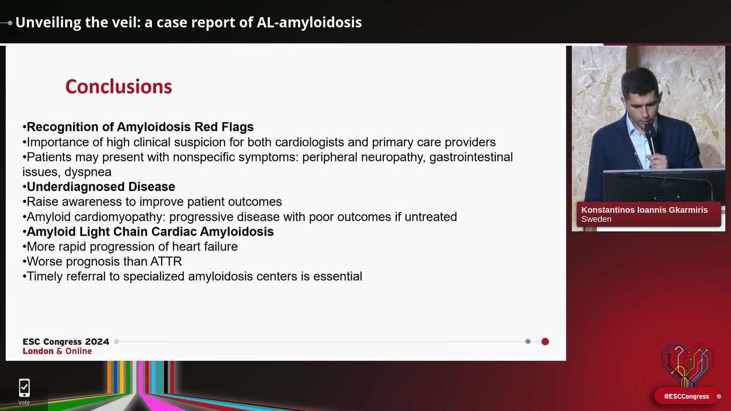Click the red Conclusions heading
tap(119, 87)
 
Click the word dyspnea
tap(88, 172)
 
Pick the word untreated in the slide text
tap(431, 217)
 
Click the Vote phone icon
tap(24, 388)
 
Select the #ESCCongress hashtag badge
tap(686, 396)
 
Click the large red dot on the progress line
tap(545, 341)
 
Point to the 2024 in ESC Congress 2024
tap(97, 341)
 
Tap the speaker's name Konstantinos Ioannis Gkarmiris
tap(644, 209)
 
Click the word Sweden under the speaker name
tap(596, 219)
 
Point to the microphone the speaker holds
tap(650, 138)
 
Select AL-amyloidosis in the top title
tap(310, 22)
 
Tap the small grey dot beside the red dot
tap(528, 341)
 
